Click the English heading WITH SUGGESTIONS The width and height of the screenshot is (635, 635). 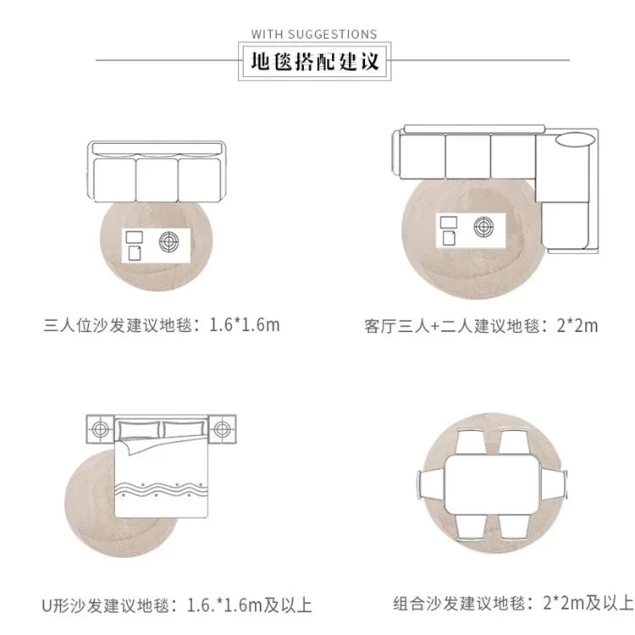(x=314, y=34)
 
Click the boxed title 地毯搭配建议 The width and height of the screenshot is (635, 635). (x=315, y=61)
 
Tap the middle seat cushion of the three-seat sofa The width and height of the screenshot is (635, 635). (x=157, y=179)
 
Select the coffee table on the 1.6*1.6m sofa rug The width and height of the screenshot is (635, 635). (x=156, y=246)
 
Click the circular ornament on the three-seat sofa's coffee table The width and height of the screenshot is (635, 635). (x=168, y=242)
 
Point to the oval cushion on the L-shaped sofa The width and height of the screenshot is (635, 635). (x=575, y=140)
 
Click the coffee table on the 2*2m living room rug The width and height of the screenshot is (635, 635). (x=471, y=230)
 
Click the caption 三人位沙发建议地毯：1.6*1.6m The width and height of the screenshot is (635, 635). (x=162, y=325)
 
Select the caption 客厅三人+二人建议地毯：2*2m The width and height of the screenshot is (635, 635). (x=481, y=326)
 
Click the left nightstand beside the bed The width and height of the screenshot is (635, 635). (x=100, y=429)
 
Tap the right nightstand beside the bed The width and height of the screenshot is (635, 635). (x=222, y=429)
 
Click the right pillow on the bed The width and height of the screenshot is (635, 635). (x=185, y=429)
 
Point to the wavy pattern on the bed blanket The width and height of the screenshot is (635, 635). (x=161, y=489)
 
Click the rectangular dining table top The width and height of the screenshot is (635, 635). (x=493, y=484)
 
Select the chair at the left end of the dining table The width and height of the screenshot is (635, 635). (x=431, y=484)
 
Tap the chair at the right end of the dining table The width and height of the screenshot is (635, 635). (x=554, y=484)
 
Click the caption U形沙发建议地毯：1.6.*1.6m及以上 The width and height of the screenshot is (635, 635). (x=177, y=605)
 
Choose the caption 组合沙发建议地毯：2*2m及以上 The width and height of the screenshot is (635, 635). (x=513, y=603)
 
